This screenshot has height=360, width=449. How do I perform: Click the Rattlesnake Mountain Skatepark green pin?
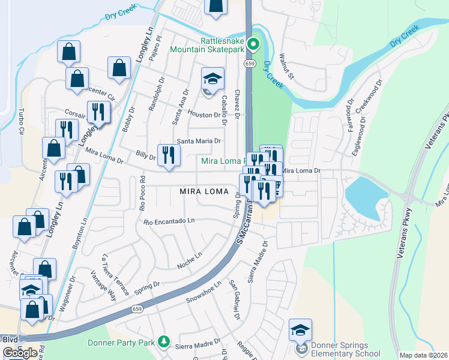click(253, 44)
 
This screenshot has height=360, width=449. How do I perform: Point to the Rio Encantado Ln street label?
click(169, 221)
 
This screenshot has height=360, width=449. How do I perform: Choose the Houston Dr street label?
click(204, 115)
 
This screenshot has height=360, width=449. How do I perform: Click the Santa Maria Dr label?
click(198, 141)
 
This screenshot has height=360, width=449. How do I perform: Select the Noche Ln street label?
click(190, 260)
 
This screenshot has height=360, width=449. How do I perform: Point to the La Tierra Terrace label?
click(115, 274)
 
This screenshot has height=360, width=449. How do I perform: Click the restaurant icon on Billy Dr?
click(169, 154)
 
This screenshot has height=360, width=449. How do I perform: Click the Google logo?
click(20, 352)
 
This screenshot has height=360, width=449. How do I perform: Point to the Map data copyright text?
click(423, 355)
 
